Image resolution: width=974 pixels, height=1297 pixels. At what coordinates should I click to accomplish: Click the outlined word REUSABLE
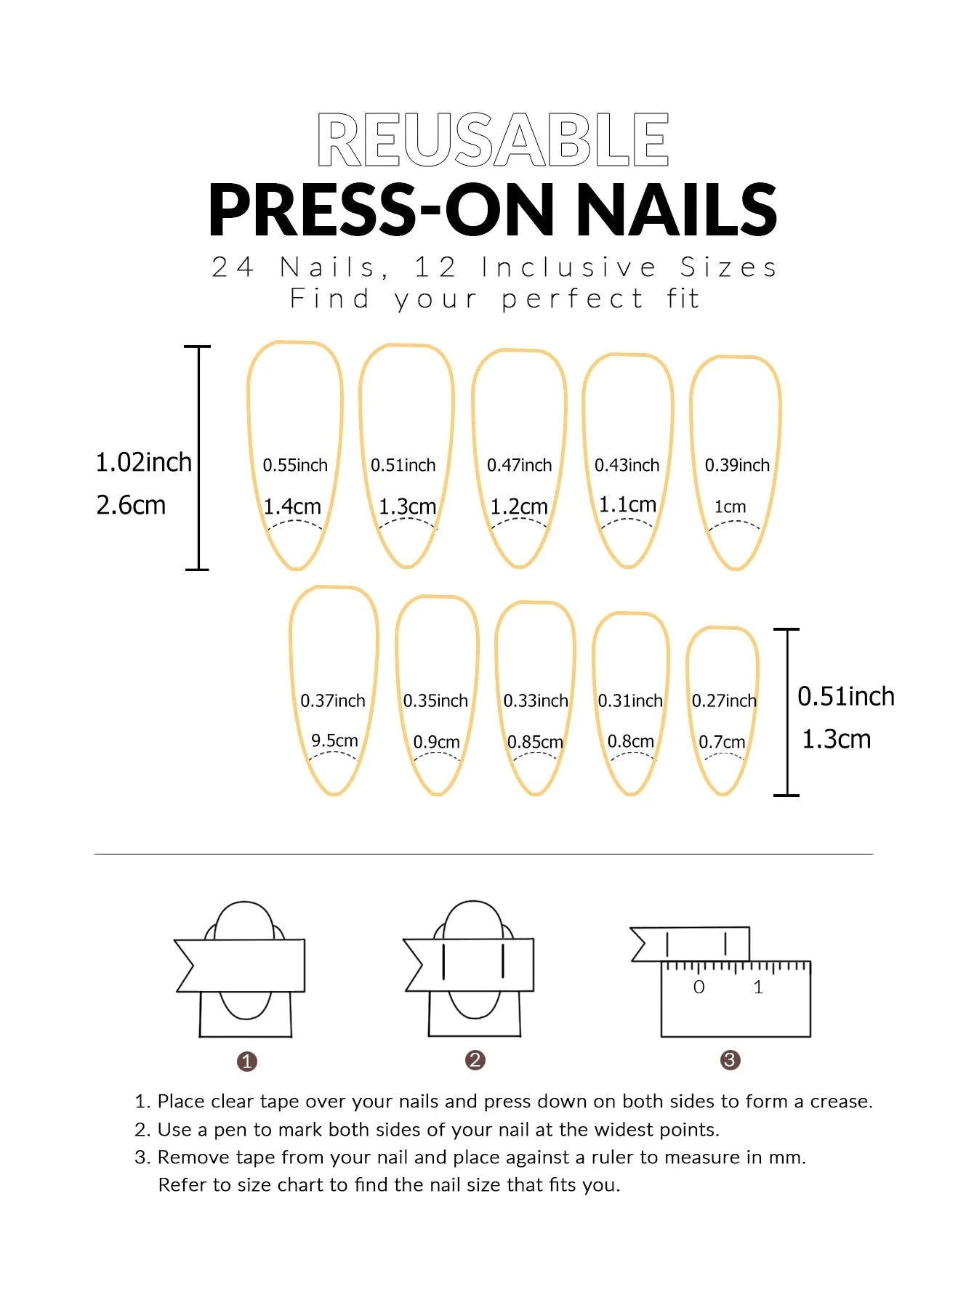(493, 140)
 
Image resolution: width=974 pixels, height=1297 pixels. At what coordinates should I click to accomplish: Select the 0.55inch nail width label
(295, 465)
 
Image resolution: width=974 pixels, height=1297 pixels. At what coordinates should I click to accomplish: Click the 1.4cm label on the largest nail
(292, 506)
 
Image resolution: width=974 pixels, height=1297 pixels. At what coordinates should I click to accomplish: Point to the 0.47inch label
(520, 465)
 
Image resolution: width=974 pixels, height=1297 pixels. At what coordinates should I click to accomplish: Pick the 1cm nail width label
(730, 506)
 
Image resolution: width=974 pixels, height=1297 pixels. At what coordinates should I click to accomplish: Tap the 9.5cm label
(334, 740)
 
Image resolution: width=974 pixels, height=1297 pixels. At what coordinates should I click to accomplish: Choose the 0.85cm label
(535, 742)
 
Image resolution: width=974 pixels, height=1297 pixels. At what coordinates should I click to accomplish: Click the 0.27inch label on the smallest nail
(724, 700)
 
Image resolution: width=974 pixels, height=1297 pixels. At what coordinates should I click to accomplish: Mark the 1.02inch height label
(144, 462)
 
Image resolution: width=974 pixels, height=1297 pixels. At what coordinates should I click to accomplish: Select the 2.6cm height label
(131, 505)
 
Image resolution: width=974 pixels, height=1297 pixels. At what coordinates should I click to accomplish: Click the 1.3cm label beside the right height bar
(836, 739)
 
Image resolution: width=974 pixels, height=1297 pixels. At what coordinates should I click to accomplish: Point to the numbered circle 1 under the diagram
(247, 1062)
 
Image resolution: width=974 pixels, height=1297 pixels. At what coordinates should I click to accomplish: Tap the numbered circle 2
(475, 1060)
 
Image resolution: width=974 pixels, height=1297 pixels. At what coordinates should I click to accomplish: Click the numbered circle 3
(730, 1060)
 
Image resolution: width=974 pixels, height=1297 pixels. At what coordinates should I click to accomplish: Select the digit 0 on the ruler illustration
(699, 987)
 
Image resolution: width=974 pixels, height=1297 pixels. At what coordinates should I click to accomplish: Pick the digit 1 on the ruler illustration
(758, 987)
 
